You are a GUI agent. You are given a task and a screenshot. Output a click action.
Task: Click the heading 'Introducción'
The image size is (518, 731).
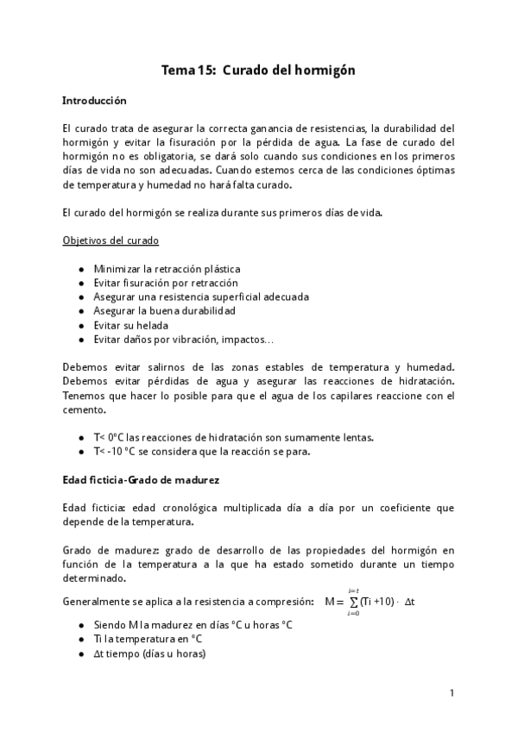[95, 101]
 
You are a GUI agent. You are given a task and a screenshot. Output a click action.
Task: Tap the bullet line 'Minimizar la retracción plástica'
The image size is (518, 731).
[167, 270]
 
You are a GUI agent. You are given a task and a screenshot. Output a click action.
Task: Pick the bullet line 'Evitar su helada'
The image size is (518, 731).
[130, 325]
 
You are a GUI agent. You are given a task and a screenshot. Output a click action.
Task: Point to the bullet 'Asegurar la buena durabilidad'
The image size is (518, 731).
[164, 311]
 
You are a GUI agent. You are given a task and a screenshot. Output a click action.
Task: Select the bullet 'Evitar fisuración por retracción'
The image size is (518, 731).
[166, 284]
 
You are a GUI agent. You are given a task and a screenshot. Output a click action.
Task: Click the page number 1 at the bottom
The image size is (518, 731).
[452, 692]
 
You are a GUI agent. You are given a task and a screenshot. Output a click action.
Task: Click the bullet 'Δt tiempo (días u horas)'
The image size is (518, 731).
[149, 653]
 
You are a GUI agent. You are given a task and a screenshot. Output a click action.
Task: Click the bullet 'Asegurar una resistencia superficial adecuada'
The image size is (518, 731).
[201, 297]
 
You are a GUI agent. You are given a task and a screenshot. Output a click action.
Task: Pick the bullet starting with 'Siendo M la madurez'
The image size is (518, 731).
[193, 625]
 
